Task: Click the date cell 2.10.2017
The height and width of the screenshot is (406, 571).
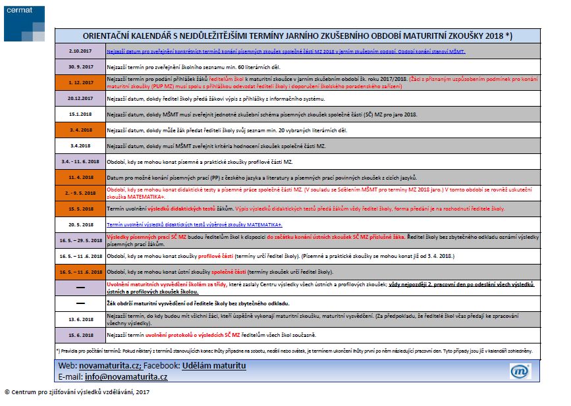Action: tap(80, 51)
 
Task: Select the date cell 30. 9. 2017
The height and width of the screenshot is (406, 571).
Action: tap(80, 66)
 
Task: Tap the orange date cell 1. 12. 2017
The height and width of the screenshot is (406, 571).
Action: tap(80, 82)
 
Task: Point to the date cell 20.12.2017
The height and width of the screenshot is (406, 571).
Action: tap(80, 98)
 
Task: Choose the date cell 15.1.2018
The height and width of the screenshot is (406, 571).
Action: tap(80, 114)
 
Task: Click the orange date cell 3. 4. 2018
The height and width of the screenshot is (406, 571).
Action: tap(80, 130)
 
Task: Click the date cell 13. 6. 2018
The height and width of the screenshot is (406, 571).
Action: tap(80, 319)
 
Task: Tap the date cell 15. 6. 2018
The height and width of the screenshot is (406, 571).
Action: tap(80, 335)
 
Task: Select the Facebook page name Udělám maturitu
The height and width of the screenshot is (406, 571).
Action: tap(214, 365)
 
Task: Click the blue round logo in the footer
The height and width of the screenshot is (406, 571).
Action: tap(520, 371)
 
